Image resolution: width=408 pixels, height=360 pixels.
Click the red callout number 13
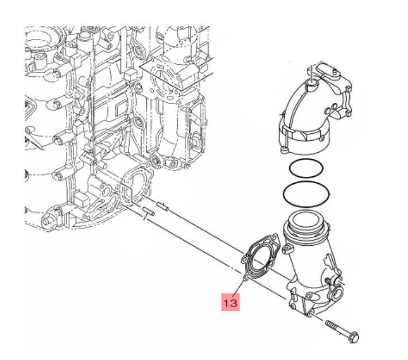(x=230, y=303)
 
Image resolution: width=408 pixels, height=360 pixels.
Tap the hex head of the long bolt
(x=354, y=337)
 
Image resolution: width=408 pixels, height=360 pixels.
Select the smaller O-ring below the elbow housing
(x=306, y=169)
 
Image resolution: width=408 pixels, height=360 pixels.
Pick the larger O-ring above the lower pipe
(x=306, y=195)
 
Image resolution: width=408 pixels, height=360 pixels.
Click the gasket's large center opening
(x=261, y=258)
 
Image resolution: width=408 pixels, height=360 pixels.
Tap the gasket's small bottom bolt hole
(x=245, y=279)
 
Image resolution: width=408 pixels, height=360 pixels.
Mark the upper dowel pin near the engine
(x=162, y=206)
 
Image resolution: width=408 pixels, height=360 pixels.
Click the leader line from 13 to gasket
(x=239, y=288)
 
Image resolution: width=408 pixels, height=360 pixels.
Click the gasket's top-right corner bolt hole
(x=274, y=237)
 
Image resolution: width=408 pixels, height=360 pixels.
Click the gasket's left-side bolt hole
(x=245, y=259)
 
